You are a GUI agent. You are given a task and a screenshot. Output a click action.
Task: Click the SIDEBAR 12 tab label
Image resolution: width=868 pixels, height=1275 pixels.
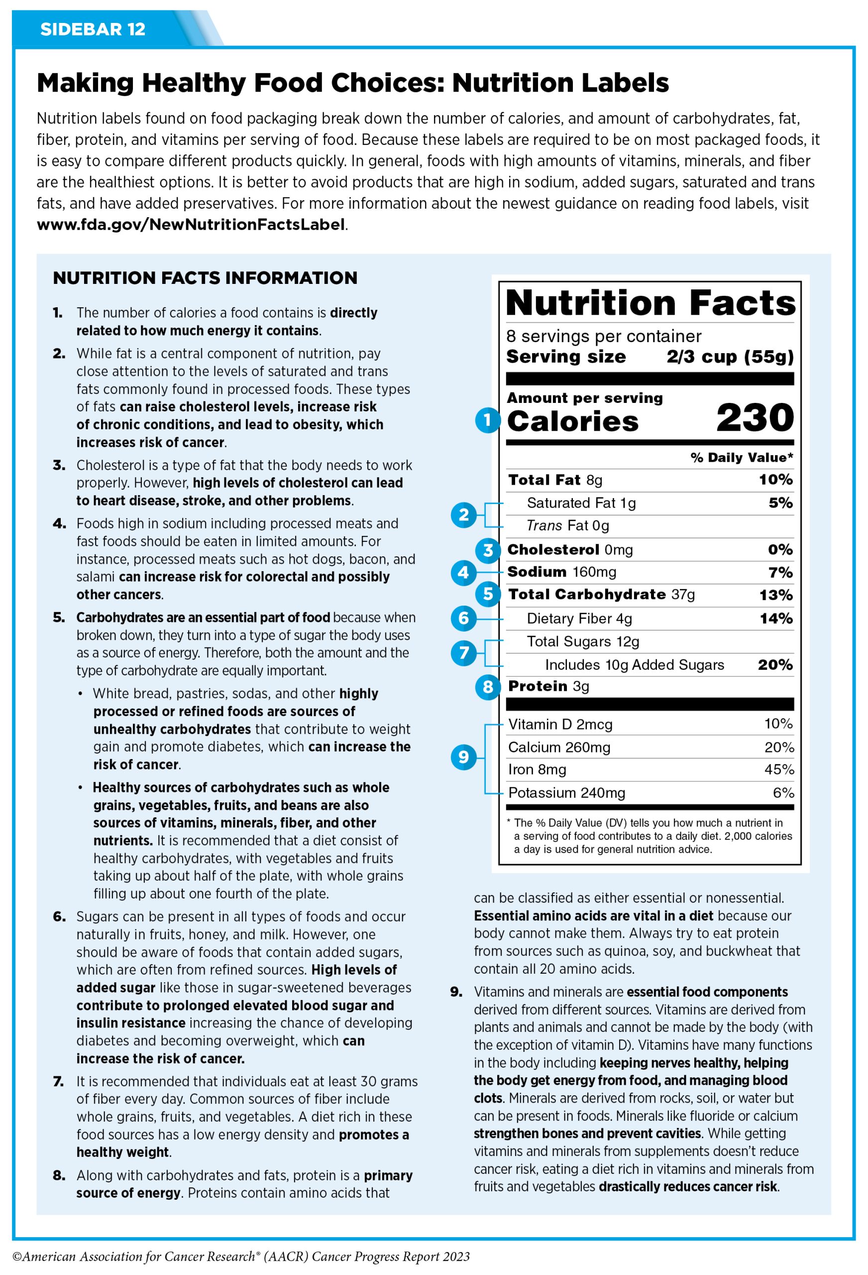93,29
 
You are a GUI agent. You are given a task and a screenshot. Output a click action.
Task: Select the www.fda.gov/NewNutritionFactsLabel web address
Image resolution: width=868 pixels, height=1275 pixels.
191,225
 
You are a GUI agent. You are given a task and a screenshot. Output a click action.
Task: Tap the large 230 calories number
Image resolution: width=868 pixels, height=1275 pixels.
755,417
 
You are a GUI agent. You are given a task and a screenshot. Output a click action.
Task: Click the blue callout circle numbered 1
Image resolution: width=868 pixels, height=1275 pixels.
487,421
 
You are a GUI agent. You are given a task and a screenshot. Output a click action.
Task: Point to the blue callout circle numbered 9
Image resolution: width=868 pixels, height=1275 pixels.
463,757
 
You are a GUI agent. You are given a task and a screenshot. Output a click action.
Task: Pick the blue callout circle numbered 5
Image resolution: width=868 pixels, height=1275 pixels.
487,594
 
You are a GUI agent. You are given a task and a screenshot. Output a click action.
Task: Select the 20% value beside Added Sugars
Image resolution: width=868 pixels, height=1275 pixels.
775,665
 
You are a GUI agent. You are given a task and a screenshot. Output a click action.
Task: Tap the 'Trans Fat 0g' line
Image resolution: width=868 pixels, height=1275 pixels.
567,526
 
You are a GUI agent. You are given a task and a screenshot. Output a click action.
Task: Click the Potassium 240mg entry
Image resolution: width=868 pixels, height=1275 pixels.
566,793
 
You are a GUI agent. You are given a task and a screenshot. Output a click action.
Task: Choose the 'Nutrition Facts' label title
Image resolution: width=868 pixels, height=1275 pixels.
650,303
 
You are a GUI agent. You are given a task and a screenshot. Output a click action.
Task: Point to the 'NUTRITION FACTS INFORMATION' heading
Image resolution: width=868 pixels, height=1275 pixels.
205,278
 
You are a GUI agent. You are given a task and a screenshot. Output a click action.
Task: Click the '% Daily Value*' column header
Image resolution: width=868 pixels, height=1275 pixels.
742,458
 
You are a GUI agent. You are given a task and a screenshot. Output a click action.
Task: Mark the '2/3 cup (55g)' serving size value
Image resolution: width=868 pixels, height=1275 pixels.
730,357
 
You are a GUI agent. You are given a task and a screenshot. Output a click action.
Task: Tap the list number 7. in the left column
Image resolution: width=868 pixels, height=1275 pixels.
59,1082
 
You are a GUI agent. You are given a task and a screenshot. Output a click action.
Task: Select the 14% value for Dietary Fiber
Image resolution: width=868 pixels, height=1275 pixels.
776,619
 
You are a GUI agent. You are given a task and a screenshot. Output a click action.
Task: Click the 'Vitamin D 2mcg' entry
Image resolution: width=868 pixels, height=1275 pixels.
560,725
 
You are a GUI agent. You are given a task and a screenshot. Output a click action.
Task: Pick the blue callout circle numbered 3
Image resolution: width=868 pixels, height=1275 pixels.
487,550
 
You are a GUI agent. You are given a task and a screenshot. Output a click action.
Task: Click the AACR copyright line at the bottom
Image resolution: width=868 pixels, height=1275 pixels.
241,1257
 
